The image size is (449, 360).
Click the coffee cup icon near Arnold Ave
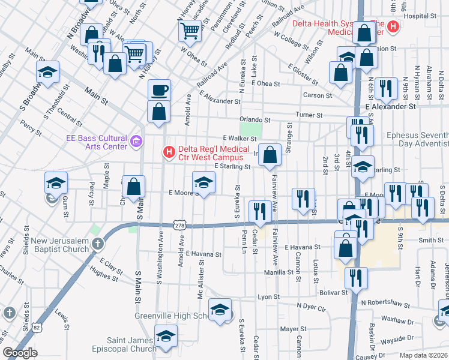(x=159, y=91)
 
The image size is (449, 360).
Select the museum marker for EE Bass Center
(x=136, y=142)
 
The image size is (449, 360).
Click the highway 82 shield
(x=37, y=328)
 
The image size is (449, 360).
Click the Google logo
(x=20, y=353)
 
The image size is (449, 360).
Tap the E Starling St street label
(x=232, y=167)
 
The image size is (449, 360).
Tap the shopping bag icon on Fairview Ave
(x=270, y=155)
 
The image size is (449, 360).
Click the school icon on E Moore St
(x=203, y=182)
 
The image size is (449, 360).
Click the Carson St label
(x=318, y=95)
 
